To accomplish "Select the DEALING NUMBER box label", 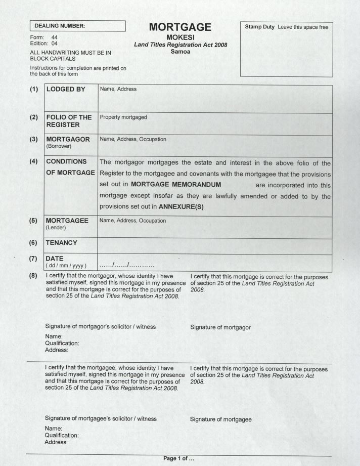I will pyautogui.click(x=60, y=25).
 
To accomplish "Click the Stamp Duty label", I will pyautogui.click(x=260, y=27).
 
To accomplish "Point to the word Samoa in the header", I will pyautogui.click(x=181, y=51).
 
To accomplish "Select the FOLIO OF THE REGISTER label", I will pyautogui.click(x=69, y=121).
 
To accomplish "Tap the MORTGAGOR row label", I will pyautogui.click(x=68, y=139).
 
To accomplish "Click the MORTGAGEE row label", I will pyautogui.click(x=67, y=221).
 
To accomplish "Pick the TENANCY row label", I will pyautogui.click(x=62, y=243).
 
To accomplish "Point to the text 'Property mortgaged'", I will pyautogui.click(x=123, y=117).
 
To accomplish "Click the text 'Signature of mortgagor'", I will pyautogui.click(x=220, y=327).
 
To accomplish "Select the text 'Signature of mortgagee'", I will pyautogui.click(x=221, y=419).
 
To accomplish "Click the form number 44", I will pyautogui.click(x=55, y=37).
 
